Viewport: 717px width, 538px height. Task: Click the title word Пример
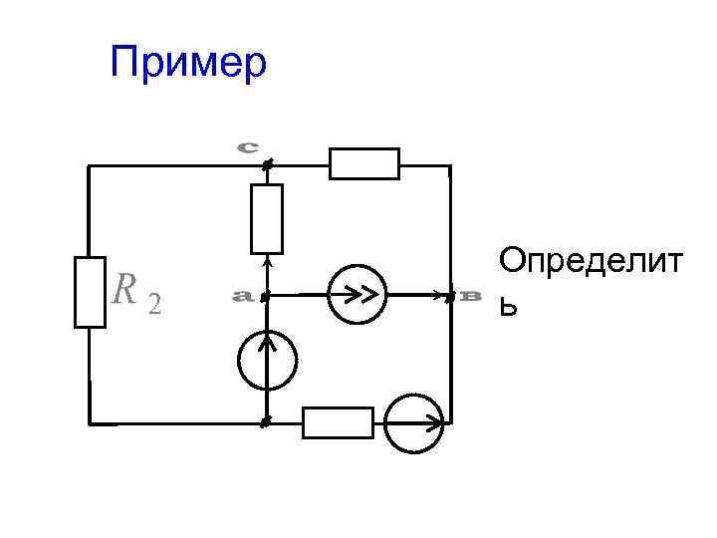point(188,62)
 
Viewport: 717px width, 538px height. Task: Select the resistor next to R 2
point(90,292)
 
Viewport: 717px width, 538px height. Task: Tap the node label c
point(248,146)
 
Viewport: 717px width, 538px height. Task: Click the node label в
point(471,296)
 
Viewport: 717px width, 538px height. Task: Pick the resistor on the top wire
point(364,163)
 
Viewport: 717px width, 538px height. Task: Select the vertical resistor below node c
point(267,218)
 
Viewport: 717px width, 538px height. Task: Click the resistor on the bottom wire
point(338,422)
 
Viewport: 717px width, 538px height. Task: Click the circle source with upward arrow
point(267,360)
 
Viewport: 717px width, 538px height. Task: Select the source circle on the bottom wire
point(412,422)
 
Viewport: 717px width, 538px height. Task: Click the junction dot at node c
point(267,162)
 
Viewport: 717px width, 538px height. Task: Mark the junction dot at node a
point(266,296)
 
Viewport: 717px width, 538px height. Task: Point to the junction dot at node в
point(450,296)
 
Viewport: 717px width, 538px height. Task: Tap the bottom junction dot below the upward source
point(266,422)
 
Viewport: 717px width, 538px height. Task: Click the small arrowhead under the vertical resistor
point(267,264)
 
